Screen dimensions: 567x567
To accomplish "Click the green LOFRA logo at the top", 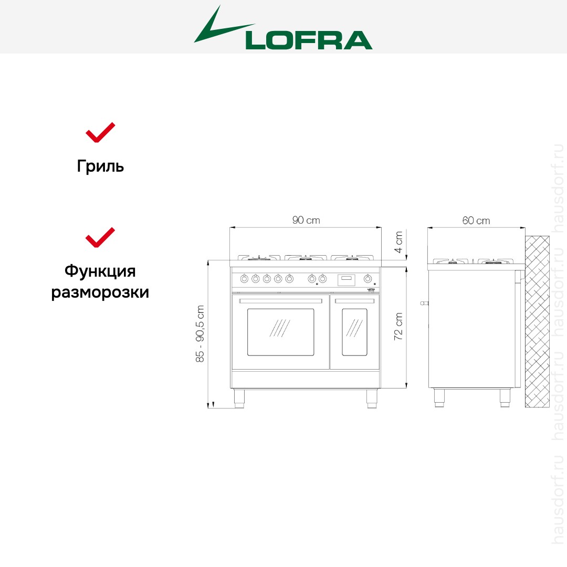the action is tap(283, 29).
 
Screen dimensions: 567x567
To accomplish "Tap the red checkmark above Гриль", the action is tap(100, 133).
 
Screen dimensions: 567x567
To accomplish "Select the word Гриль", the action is tap(100, 166).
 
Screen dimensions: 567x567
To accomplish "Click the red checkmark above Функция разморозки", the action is tap(100, 238).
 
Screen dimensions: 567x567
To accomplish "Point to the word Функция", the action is tap(100, 271).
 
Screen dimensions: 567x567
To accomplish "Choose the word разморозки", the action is tap(100, 292).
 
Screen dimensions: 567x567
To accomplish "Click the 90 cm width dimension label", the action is tap(306, 220).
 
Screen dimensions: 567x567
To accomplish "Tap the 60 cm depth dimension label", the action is tap(476, 220).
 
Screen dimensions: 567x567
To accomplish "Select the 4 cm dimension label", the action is tap(398, 242).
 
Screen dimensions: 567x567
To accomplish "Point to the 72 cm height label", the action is tap(398, 326).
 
